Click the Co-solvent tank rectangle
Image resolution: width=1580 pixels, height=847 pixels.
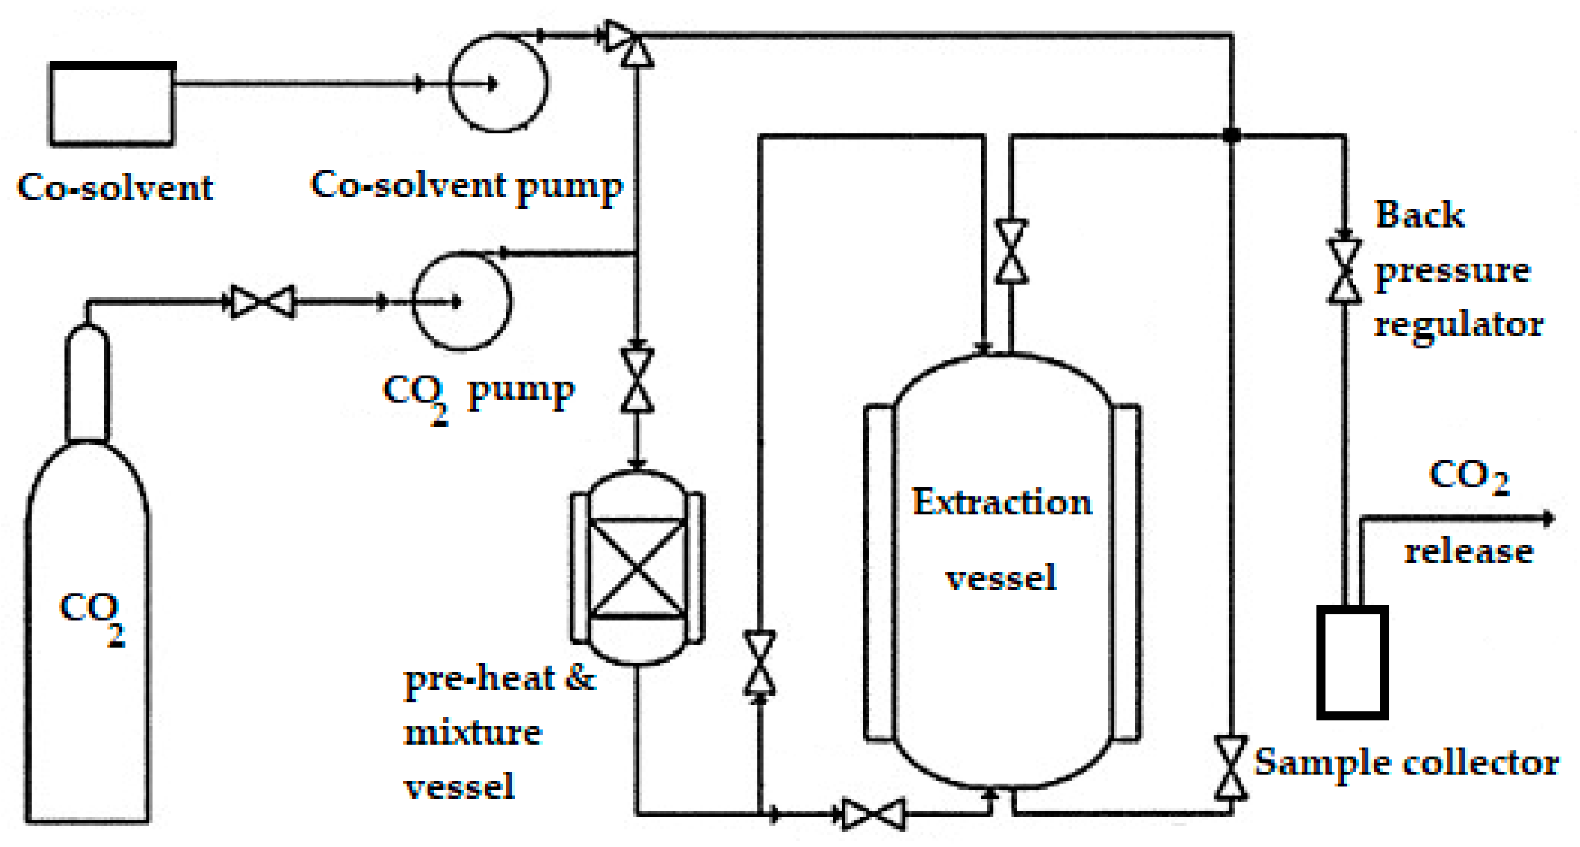coord(111,104)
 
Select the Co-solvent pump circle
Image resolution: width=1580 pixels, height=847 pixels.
coord(498,83)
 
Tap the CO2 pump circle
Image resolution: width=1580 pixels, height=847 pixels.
coord(461,301)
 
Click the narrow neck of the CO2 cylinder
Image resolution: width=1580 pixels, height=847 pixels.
coord(88,384)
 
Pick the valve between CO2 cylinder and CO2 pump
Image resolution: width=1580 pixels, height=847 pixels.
coord(263,301)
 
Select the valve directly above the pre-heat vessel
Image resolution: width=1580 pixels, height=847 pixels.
coord(637,381)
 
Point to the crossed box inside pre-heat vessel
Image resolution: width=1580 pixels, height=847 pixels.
coord(637,567)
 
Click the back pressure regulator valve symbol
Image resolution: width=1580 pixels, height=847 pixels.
coord(1344,271)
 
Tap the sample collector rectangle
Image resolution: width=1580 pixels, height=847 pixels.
coord(1352,662)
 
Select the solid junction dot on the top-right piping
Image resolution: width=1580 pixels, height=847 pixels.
coord(1231,135)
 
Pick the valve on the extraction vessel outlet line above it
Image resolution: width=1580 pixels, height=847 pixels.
coord(1011,251)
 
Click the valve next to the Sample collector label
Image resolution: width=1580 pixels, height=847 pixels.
coord(1231,768)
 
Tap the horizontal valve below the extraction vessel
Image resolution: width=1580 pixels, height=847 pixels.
coord(873,813)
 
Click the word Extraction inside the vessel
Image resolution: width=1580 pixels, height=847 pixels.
coord(1001,502)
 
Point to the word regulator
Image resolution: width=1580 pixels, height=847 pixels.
coord(1459,324)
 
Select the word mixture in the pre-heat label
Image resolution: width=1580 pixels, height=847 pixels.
coord(472,733)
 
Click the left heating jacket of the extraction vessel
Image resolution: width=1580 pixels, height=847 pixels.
coord(879,572)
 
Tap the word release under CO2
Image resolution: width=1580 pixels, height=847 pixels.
coord(1469,552)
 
